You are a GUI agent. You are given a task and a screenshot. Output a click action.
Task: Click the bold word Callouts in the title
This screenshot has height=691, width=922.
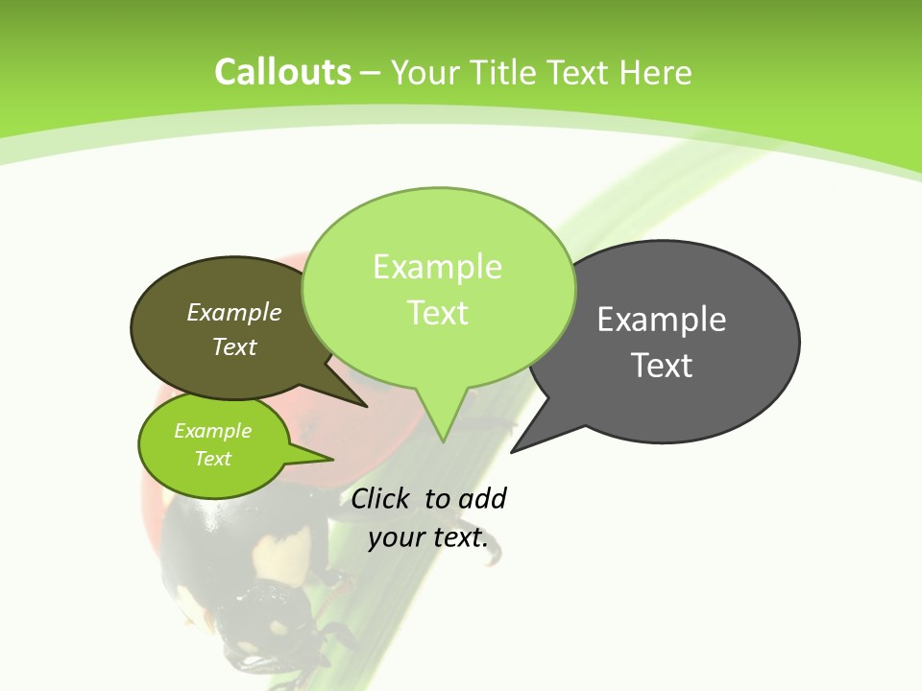(x=282, y=72)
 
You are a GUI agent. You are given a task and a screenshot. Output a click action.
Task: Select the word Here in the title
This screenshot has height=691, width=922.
(x=655, y=72)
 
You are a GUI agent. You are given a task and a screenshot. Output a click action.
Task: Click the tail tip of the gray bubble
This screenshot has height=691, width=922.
(x=512, y=451)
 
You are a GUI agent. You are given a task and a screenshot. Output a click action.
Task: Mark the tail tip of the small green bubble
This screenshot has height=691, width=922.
(x=331, y=459)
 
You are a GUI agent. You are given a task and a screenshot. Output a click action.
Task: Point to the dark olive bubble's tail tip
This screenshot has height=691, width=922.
(x=366, y=406)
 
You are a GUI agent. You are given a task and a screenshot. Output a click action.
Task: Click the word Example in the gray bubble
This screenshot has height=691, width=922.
(x=662, y=320)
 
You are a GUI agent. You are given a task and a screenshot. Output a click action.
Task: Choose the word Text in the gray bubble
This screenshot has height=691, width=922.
(x=662, y=366)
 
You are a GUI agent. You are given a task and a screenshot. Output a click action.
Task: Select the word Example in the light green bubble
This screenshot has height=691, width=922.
(x=437, y=267)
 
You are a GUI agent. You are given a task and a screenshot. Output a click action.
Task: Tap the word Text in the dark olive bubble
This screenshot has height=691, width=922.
(x=233, y=347)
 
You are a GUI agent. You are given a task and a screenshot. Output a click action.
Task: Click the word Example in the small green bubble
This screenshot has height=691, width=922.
(x=212, y=431)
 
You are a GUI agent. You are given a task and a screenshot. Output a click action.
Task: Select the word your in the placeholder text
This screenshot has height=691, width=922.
(x=395, y=537)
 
